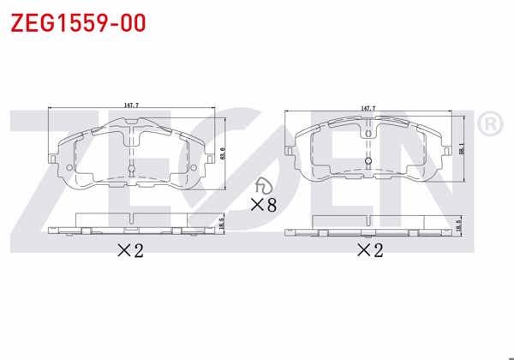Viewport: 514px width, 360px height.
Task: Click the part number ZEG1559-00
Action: point(78,22)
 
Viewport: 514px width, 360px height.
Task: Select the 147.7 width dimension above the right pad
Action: point(368,108)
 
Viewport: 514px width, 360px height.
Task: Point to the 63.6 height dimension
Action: point(223,155)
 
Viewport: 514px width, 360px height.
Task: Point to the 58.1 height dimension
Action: point(461,149)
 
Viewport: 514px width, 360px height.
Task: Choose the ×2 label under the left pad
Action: point(128,251)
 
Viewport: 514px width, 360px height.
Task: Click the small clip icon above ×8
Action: point(263,186)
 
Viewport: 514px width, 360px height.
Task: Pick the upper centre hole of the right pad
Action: point(368,133)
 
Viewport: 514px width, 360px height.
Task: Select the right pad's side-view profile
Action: point(368,226)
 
